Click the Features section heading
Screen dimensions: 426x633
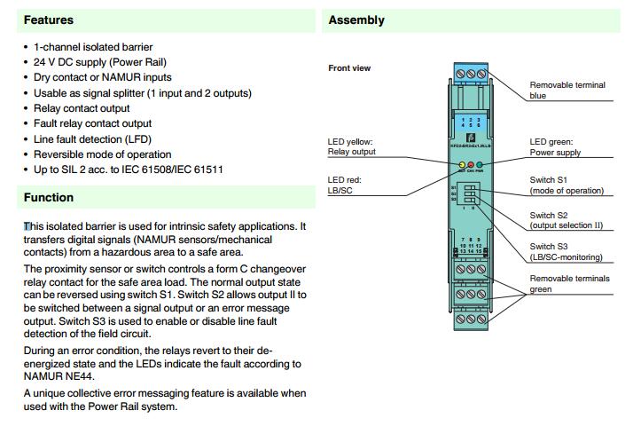[x=49, y=20]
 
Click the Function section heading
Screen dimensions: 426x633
[x=49, y=197]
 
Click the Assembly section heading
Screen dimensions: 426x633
[x=356, y=20]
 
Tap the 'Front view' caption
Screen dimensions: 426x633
[x=349, y=68]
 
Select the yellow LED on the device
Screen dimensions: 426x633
[x=462, y=165]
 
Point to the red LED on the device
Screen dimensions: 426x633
[x=470, y=165]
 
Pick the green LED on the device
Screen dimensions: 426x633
[x=479, y=165]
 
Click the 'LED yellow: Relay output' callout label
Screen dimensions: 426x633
[x=352, y=146]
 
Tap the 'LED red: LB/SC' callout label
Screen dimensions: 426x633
[x=345, y=185]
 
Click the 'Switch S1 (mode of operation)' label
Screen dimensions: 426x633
[x=567, y=185]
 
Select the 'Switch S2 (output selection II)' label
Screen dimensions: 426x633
[x=567, y=220]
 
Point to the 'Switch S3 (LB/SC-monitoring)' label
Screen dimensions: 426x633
[x=566, y=251]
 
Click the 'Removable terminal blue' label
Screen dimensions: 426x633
[x=567, y=90]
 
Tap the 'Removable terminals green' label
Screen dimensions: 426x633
[x=569, y=283]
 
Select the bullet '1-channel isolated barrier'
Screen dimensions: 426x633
[x=93, y=46]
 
